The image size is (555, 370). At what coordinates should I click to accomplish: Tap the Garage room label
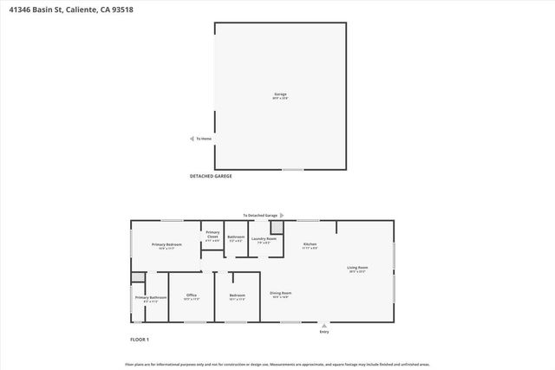pyautogui.click(x=280, y=94)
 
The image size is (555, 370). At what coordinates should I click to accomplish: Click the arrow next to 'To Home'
pyautogui.click(x=192, y=139)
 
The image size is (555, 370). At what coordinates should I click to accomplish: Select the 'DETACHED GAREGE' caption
pyautogui.click(x=211, y=176)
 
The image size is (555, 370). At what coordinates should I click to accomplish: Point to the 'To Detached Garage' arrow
pyautogui.click(x=293, y=214)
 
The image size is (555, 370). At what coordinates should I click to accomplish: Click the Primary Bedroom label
pyautogui.click(x=166, y=245)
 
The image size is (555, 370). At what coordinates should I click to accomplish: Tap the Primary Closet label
pyautogui.click(x=212, y=234)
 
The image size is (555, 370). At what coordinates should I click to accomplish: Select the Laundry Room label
pyautogui.click(x=264, y=238)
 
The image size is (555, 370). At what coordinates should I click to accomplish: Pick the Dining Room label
pyautogui.click(x=280, y=293)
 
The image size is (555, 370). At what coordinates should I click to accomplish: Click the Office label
pyautogui.click(x=192, y=295)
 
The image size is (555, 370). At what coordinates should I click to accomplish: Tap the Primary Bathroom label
pyautogui.click(x=150, y=297)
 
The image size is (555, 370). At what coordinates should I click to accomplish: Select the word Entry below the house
pyautogui.click(x=324, y=331)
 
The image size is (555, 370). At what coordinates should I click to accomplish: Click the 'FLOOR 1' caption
pyautogui.click(x=140, y=339)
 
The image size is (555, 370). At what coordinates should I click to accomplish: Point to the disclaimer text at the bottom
pyautogui.click(x=277, y=364)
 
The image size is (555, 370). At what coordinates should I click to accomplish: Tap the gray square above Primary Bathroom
pyautogui.click(x=137, y=277)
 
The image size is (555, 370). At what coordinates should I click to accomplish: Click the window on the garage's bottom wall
pyautogui.click(x=293, y=169)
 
